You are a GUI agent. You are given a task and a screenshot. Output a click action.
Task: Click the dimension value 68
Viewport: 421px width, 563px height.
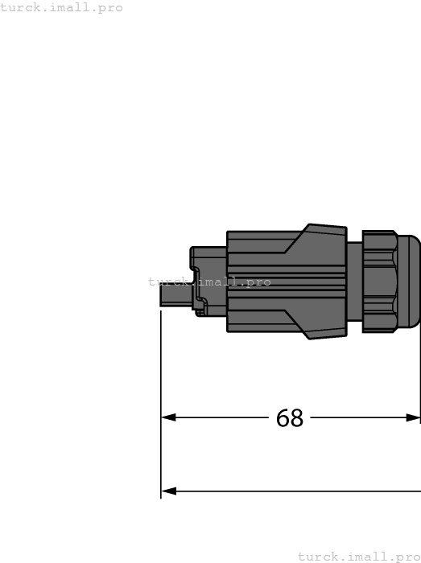[290, 418]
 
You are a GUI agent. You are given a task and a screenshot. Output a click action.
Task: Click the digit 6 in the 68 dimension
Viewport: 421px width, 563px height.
[283, 418]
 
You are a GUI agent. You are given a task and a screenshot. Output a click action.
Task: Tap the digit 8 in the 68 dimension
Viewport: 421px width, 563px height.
[297, 418]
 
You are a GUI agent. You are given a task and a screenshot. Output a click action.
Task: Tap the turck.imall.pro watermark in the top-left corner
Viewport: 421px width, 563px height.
[62, 7]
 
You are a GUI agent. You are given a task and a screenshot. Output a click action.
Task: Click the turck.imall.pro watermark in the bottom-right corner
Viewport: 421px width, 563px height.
[359, 557]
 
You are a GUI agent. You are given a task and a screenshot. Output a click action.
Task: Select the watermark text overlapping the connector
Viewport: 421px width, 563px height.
[209, 281]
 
